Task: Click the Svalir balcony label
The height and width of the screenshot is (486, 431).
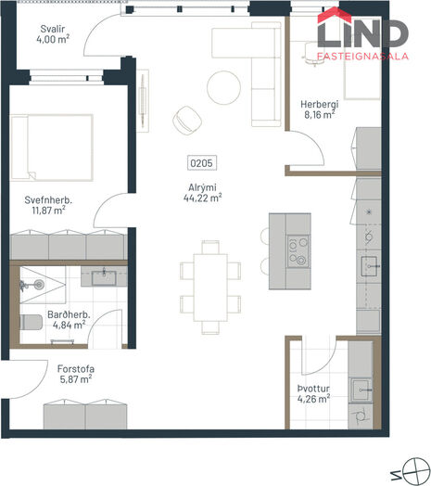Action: point(53,29)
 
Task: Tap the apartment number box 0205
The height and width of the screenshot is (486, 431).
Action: point(202,163)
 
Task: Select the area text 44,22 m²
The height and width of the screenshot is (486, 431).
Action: point(203,198)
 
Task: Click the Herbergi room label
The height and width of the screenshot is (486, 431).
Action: point(320,104)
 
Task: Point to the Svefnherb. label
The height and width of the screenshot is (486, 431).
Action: point(48,200)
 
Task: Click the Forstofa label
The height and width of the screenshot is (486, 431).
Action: point(76,369)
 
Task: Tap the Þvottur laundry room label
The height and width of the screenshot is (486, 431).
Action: point(313,389)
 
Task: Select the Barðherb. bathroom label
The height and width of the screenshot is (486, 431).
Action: point(69,314)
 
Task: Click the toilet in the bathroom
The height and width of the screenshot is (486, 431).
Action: point(31,323)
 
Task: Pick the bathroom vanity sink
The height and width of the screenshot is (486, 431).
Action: point(104,277)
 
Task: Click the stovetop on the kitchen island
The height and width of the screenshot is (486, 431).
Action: point(298,251)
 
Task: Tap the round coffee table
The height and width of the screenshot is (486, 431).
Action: point(223,88)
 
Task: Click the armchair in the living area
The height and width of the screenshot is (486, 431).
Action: point(187,121)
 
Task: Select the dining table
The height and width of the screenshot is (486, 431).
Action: point(210,288)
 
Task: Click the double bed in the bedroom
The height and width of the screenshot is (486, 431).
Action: point(52,147)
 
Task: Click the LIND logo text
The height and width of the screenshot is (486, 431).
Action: point(362,33)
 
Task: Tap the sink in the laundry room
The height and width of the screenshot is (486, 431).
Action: point(361,390)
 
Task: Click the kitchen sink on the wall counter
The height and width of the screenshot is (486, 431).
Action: point(369,266)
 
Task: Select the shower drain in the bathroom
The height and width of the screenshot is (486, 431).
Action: point(39,284)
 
